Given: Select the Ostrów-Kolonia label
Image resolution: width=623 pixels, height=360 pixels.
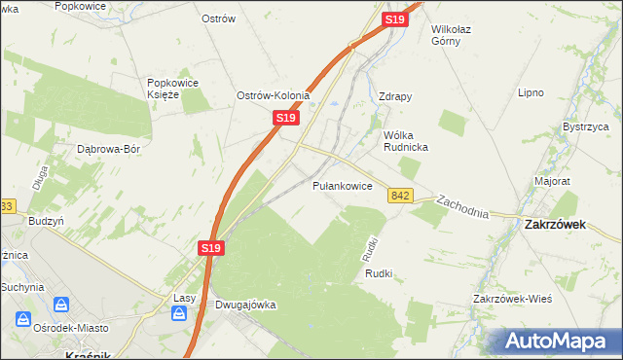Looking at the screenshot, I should [273, 95].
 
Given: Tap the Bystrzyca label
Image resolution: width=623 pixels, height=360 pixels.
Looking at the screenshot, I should [586, 127].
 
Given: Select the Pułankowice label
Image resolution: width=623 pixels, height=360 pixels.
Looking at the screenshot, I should [342, 185].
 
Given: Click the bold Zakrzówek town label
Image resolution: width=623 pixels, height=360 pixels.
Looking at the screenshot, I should [553, 223].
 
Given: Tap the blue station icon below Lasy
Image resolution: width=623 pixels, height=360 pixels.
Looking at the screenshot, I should [180, 313].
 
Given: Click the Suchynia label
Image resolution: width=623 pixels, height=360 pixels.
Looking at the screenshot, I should [22, 287].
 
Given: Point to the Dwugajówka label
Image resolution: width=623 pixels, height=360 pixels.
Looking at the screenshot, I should [245, 305].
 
